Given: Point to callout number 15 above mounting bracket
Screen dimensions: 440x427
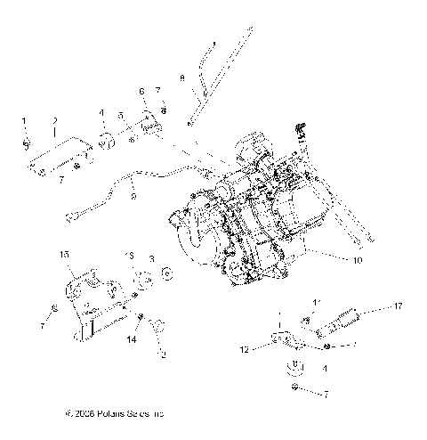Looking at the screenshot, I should pos(63,255).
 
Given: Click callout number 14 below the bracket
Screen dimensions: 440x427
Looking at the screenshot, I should pos(131,340).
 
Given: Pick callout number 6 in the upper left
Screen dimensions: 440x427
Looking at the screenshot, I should pos(141,91).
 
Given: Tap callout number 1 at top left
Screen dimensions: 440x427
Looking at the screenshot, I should pos(25,118).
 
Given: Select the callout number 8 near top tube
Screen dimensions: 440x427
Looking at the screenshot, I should pos(183,78).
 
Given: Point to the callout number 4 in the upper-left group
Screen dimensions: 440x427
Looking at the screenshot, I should pos(102,113).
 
